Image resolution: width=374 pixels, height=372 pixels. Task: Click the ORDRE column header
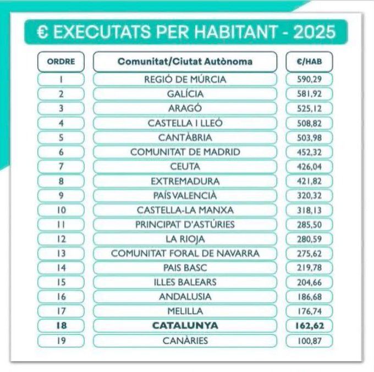pyautogui.click(x=61, y=62)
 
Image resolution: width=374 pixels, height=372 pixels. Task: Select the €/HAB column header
pyautogui.click(x=309, y=62)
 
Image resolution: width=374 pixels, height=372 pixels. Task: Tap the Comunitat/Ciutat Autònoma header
pyautogui.click(x=185, y=62)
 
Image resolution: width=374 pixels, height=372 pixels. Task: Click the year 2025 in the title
pyautogui.click(x=315, y=32)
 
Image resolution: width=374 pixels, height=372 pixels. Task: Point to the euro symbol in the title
pyautogui.click(x=43, y=32)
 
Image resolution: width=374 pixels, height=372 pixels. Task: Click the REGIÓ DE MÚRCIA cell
pyautogui.click(x=185, y=79)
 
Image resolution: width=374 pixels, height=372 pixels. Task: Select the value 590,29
pyautogui.click(x=309, y=79)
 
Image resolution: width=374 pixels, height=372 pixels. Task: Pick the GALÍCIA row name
pyautogui.click(x=185, y=94)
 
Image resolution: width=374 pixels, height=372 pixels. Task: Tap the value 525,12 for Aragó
pyautogui.click(x=309, y=108)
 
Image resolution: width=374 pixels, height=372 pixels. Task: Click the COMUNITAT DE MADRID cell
pyautogui.click(x=185, y=152)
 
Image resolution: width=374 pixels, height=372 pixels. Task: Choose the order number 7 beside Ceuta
pyautogui.click(x=61, y=166)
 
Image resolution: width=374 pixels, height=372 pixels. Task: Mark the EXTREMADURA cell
pyautogui.click(x=185, y=181)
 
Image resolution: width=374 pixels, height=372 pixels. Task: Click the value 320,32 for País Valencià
pyautogui.click(x=309, y=196)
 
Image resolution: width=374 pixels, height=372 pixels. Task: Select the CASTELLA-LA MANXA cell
pyautogui.click(x=185, y=210)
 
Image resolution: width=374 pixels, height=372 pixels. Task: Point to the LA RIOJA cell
pyautogui.click(x=185, y=239)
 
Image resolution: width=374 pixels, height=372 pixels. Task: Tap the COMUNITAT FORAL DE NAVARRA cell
pyautogui.click(x=185, y=253)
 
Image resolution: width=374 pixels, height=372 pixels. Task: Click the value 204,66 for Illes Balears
pyautogui.click(x=309, y=282)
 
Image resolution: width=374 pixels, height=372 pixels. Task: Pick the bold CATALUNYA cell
pyautogui.click(x=185, y=326)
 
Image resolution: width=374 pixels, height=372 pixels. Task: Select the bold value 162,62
pyautogui.click(x=309, y=326)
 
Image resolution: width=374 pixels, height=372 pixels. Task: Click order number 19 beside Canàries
pyautogui.click(x=61, y=341)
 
